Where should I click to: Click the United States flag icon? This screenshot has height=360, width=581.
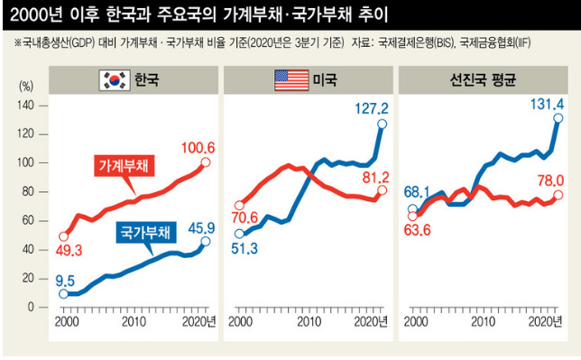[x=290, y=82]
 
